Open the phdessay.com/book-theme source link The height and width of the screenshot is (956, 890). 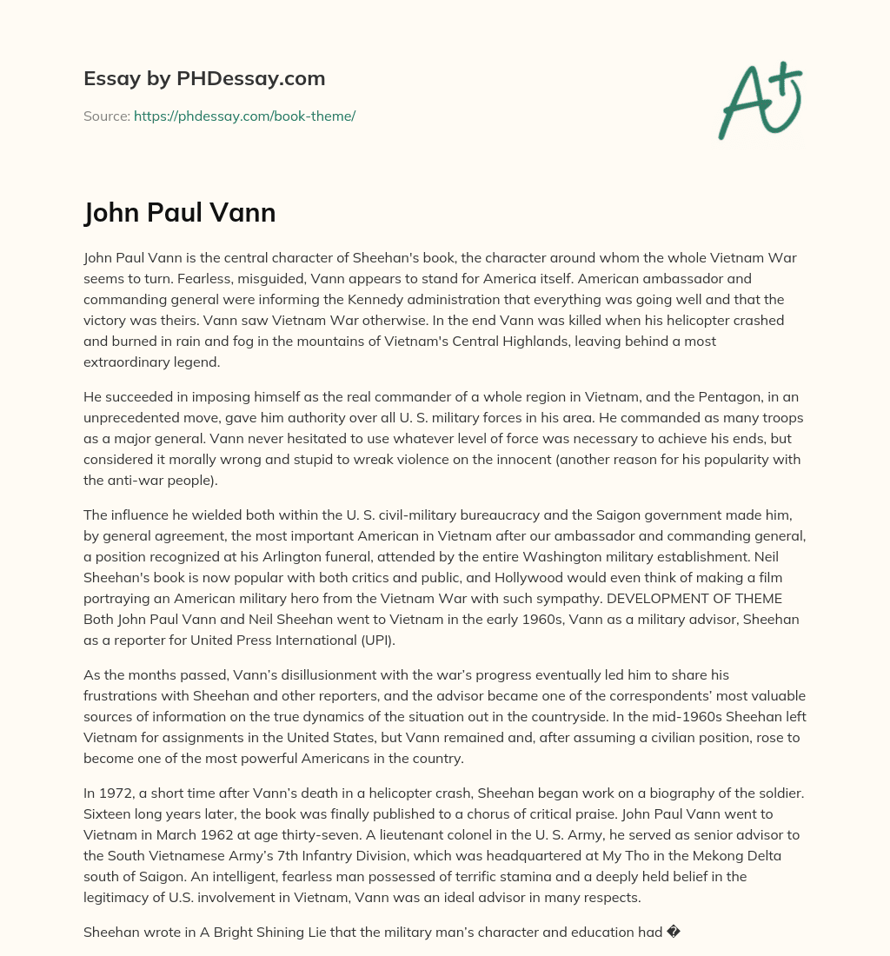tap(244, 116)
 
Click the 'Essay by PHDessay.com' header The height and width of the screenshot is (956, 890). tap(204, 78)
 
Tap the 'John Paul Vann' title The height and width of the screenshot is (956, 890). tap(180, 212)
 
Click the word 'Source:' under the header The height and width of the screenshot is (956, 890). tap(107, 116)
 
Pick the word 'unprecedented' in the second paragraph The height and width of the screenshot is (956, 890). tap(130, 417)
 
